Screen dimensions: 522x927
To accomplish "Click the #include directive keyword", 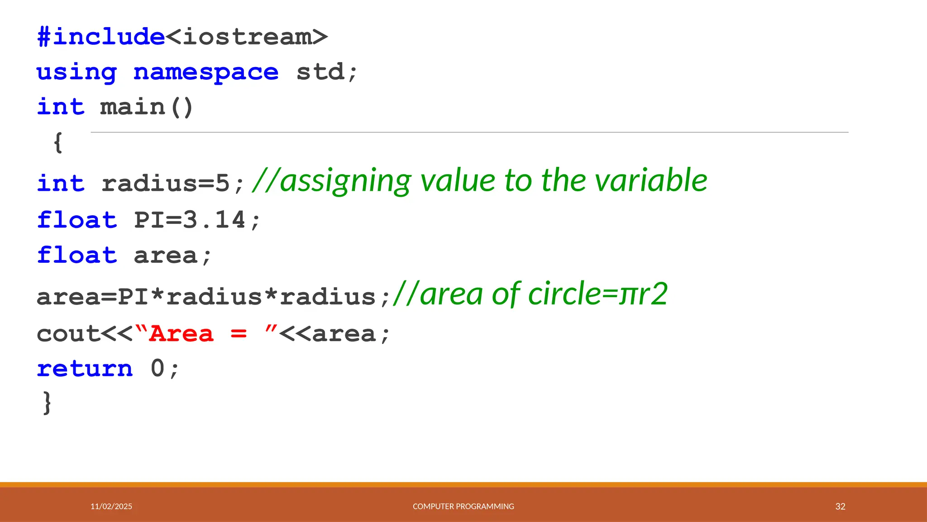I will point(100,37).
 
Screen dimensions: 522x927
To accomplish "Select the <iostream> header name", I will point(247,37).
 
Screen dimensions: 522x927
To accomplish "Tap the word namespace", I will point(206,72).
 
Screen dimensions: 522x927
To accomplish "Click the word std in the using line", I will point(320,72).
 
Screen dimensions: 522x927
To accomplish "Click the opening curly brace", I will point(58,143).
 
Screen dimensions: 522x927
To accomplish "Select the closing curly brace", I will point(47,402).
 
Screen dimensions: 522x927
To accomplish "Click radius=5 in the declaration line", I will point(166,184).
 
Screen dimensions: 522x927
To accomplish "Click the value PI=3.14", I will point(190,220).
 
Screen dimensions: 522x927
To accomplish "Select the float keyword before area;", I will point(77,255).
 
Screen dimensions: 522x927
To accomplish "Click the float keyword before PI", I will point(77,220).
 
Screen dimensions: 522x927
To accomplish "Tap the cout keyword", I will point(68,334).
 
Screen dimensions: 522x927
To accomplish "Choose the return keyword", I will point(85,368).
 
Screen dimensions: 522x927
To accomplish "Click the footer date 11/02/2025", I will point(111,507).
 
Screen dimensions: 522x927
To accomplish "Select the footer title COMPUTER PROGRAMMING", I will point(463,507).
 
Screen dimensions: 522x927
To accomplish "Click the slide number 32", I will point(840,507).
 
